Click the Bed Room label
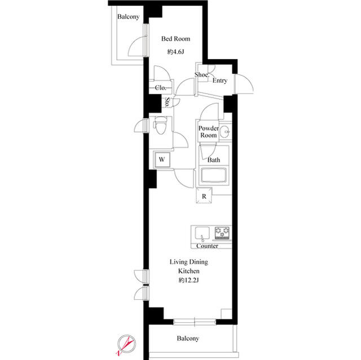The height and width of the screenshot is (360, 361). (175, 39)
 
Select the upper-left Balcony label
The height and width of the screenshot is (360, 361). (128, 17)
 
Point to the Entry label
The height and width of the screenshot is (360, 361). (220, 81)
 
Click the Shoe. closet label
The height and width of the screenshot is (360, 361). (202, 75)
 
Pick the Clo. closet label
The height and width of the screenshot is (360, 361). (160, 88)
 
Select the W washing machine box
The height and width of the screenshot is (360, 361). (162, 159)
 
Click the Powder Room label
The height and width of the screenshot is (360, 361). (208, 131)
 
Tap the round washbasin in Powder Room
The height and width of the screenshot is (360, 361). (224, 134)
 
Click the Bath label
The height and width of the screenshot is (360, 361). (213, 160)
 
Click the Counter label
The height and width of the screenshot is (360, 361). (207, 246)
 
